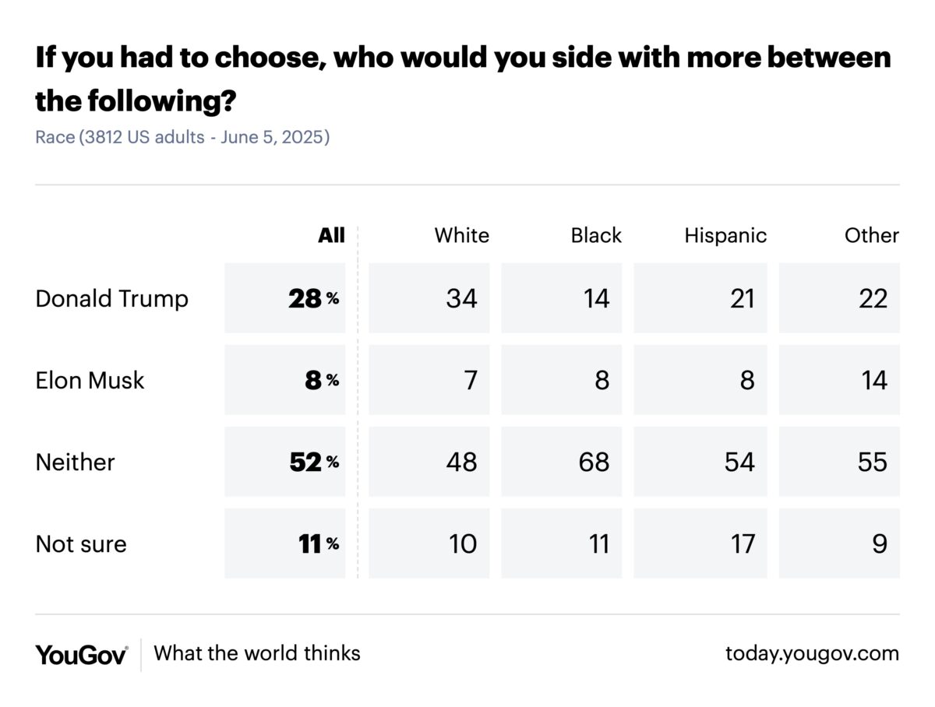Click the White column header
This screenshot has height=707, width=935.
[x=461, y=235]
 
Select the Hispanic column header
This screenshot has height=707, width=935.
[x=725, y=235]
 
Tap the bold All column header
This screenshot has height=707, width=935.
[x=331, y=235]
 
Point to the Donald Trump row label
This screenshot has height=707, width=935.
[x=111, y=298]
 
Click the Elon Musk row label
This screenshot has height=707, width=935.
[x=90, y=380]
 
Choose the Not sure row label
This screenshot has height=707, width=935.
[x=81, y=543]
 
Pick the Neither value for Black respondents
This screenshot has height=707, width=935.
[x=595, y=462]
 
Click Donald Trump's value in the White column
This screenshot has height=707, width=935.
[x=461, y=298]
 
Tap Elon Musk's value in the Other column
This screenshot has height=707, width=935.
[x=874, y=380]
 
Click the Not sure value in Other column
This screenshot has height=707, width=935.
[x=880, y=543]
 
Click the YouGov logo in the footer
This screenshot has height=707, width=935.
[x=81, y=653]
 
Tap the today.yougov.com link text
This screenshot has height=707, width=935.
[x=812, y=653]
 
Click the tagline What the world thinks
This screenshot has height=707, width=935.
[x=257, y=652]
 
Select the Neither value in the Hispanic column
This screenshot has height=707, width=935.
[x=739, y=462]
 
